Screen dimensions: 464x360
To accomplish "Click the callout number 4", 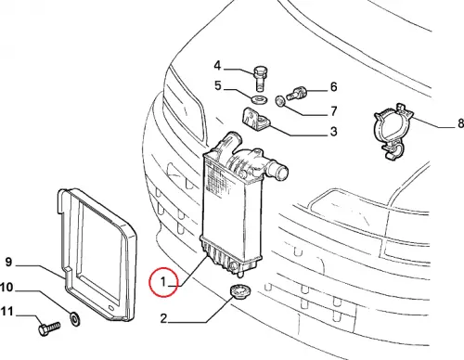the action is click(217, 66).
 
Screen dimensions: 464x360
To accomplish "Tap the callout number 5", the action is click(218, 85).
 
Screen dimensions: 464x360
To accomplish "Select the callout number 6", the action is click(333, 87).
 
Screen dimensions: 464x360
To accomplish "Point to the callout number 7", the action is click(333, 111).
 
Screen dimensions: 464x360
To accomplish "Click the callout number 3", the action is click(333, 132).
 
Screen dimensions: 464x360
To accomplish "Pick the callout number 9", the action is click(8, 262).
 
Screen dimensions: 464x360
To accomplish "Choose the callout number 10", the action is click(6, 288).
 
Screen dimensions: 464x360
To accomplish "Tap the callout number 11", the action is click(7, 311).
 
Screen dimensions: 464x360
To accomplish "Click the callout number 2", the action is click(163, 318).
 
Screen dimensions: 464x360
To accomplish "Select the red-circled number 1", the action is click(163, 282).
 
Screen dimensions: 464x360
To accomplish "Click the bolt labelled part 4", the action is click(260, 79).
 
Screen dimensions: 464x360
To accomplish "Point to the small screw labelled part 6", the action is click(296, 93).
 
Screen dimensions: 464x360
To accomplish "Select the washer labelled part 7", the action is click(280, 101).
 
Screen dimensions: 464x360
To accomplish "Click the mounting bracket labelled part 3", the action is click(256, 119).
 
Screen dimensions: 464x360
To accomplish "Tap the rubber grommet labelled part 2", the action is click(240, 292).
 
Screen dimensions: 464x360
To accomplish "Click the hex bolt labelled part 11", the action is click(49, 328).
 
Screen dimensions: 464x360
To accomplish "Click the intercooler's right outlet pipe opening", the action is click(281, 173).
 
